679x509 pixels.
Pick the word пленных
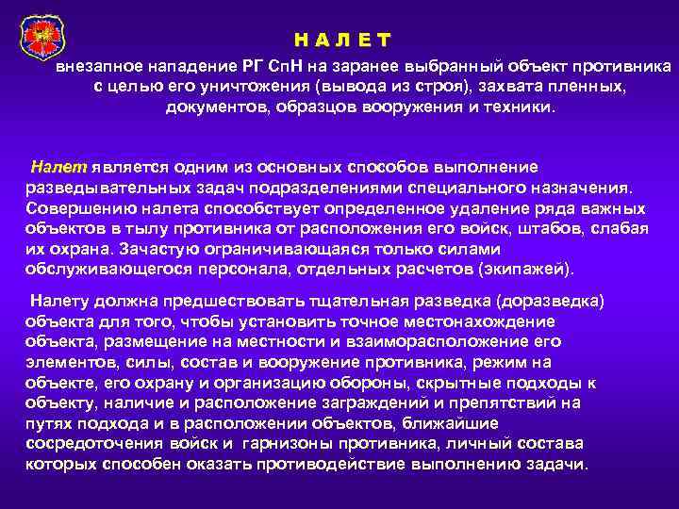click(584, 87)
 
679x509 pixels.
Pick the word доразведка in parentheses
click(537, 301)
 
